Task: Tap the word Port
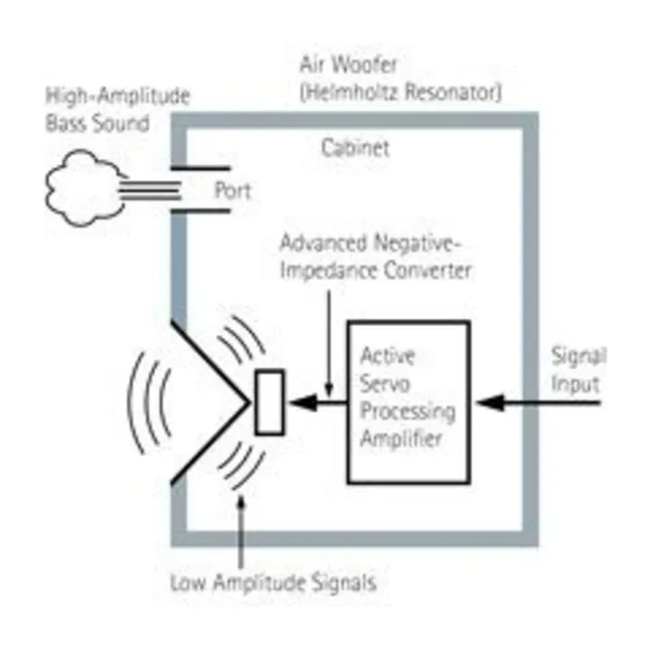(233, 192)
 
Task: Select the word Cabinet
(355, 148)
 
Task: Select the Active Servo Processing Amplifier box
(407, 401)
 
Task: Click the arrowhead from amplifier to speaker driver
(297, 403)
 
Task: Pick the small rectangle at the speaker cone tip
(269, 403)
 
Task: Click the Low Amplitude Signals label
(273, 583)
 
